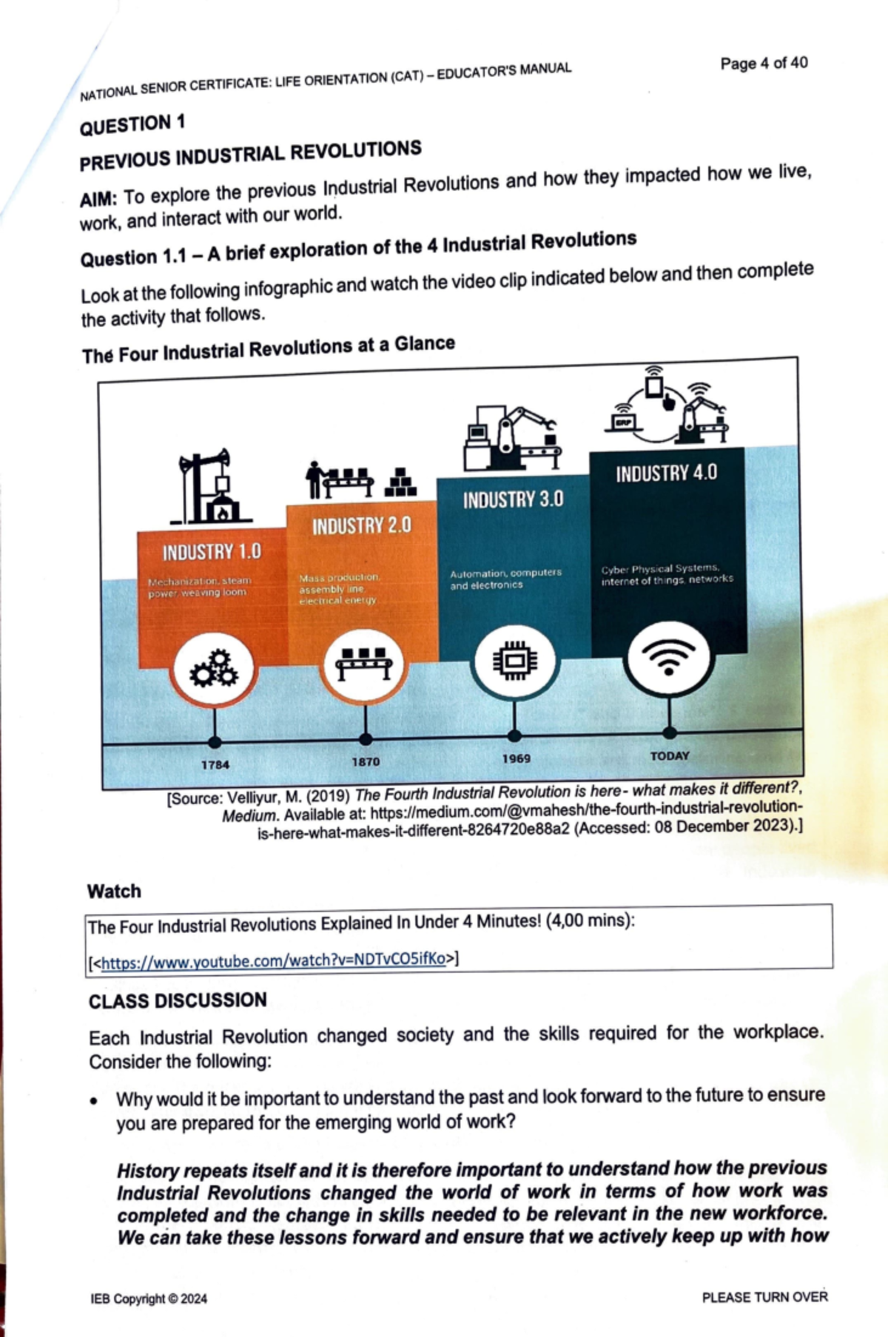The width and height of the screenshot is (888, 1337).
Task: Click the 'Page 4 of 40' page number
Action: pyautogui.click(x=764, y=63)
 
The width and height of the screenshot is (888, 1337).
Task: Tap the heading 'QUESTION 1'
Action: pyautogui.click(x=132, y=124)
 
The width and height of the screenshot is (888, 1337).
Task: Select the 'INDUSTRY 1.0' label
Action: pyautogui.click(x=212, y=552)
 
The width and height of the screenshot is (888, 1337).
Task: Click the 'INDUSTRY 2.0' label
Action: pyautogui.click(x=361, y=526)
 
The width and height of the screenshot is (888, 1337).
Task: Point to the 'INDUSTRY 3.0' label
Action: pyautogui.click(x=513, y=499)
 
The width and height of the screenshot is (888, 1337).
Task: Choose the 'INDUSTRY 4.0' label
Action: pyautogui.click(x=666, y=473)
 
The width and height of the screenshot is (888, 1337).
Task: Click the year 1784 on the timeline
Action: pyautogui.click(x=215, y=764)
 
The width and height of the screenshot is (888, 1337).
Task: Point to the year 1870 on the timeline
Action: pyautogui.click(x=366, y=761)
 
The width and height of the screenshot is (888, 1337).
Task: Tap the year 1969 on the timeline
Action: pyautogui.click(x=516, y=758)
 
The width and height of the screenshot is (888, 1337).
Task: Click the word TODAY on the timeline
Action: pyautogui.click(x=669, y=755)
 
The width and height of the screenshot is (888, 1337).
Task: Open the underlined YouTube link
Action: pyautogui.click(x=273, y=960)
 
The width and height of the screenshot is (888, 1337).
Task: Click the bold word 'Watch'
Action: pyautogui.click(x=114, y=891)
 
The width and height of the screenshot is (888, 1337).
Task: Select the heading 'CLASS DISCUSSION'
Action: pyautogui.click(x=178, y=1001)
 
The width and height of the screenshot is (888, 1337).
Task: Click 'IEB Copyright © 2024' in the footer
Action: pyautogui.click(x=149, y=1299)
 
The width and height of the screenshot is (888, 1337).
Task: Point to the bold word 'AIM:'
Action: pyautogui.click(x=98, y=200)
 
